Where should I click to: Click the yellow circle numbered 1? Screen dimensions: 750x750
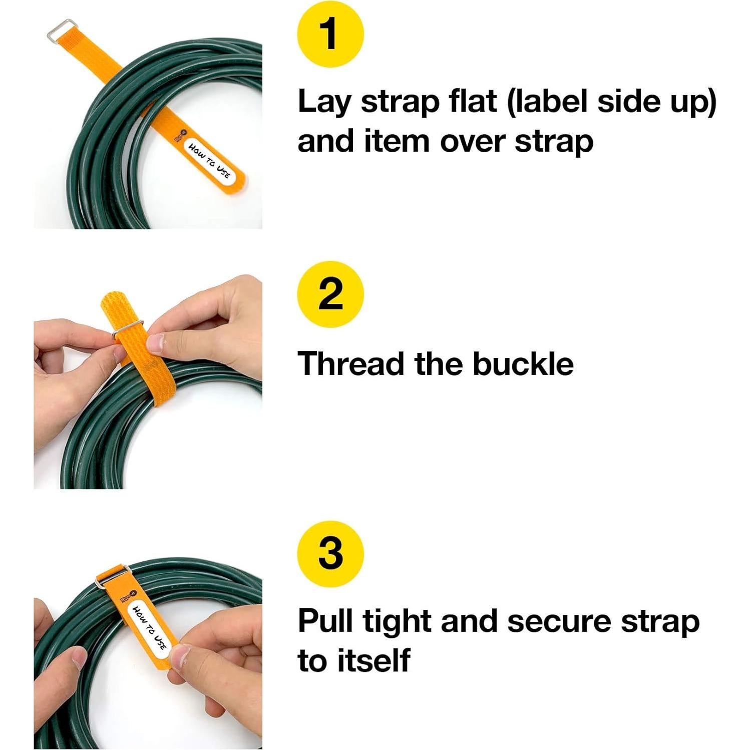coord(330,34)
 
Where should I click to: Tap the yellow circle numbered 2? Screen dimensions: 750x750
coord(330,294)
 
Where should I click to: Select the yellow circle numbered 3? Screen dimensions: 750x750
coord(330,553)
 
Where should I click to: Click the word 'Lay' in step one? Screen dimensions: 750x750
coord(324,103)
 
